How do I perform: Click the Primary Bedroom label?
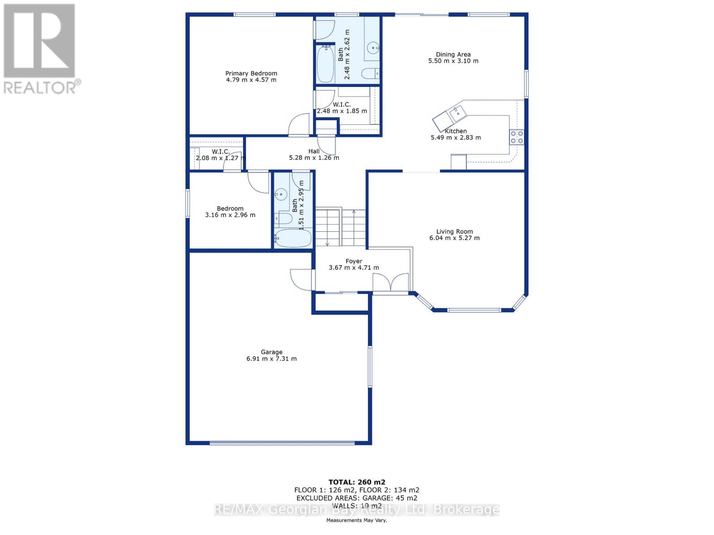point(251,74)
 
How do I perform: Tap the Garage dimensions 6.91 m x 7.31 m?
point(271,358)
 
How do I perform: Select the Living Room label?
point(454,231)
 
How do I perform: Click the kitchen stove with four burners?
point(517,137)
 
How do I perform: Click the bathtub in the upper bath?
point(325,65)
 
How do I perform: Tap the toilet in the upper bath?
point(370,73)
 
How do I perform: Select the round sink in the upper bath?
point(373,47)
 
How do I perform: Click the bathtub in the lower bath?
point(292,238)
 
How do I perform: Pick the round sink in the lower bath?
point(281,194)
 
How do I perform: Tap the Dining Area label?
point(453,54)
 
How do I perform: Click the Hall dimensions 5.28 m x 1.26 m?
point(314,158)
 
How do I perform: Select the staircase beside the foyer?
point(340,227)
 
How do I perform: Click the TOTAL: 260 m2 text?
point(357,482)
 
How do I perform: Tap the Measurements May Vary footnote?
point(357,520)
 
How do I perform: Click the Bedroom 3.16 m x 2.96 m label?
point(230,212)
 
